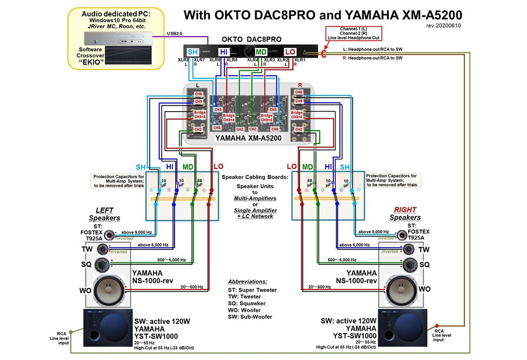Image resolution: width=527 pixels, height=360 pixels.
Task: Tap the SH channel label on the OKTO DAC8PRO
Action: tap(192, 52)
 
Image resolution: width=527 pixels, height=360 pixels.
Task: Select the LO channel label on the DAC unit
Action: tap(290, 52)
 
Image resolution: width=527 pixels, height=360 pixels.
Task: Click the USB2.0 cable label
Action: tap(174, 33)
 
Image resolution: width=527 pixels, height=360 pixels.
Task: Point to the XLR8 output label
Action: tap(183, 60)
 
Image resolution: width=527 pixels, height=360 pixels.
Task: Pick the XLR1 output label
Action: tap(300, 60)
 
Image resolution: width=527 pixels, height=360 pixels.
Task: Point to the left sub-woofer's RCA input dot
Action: tap(71, 332)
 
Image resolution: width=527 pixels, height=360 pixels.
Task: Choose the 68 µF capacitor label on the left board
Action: tap(199, 183)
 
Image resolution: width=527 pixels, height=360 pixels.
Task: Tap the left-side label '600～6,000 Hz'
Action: tap(168, 260)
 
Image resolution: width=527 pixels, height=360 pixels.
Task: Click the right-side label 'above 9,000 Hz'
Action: tap(376, 232)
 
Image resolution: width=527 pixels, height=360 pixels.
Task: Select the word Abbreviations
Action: tap(248, 282)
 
